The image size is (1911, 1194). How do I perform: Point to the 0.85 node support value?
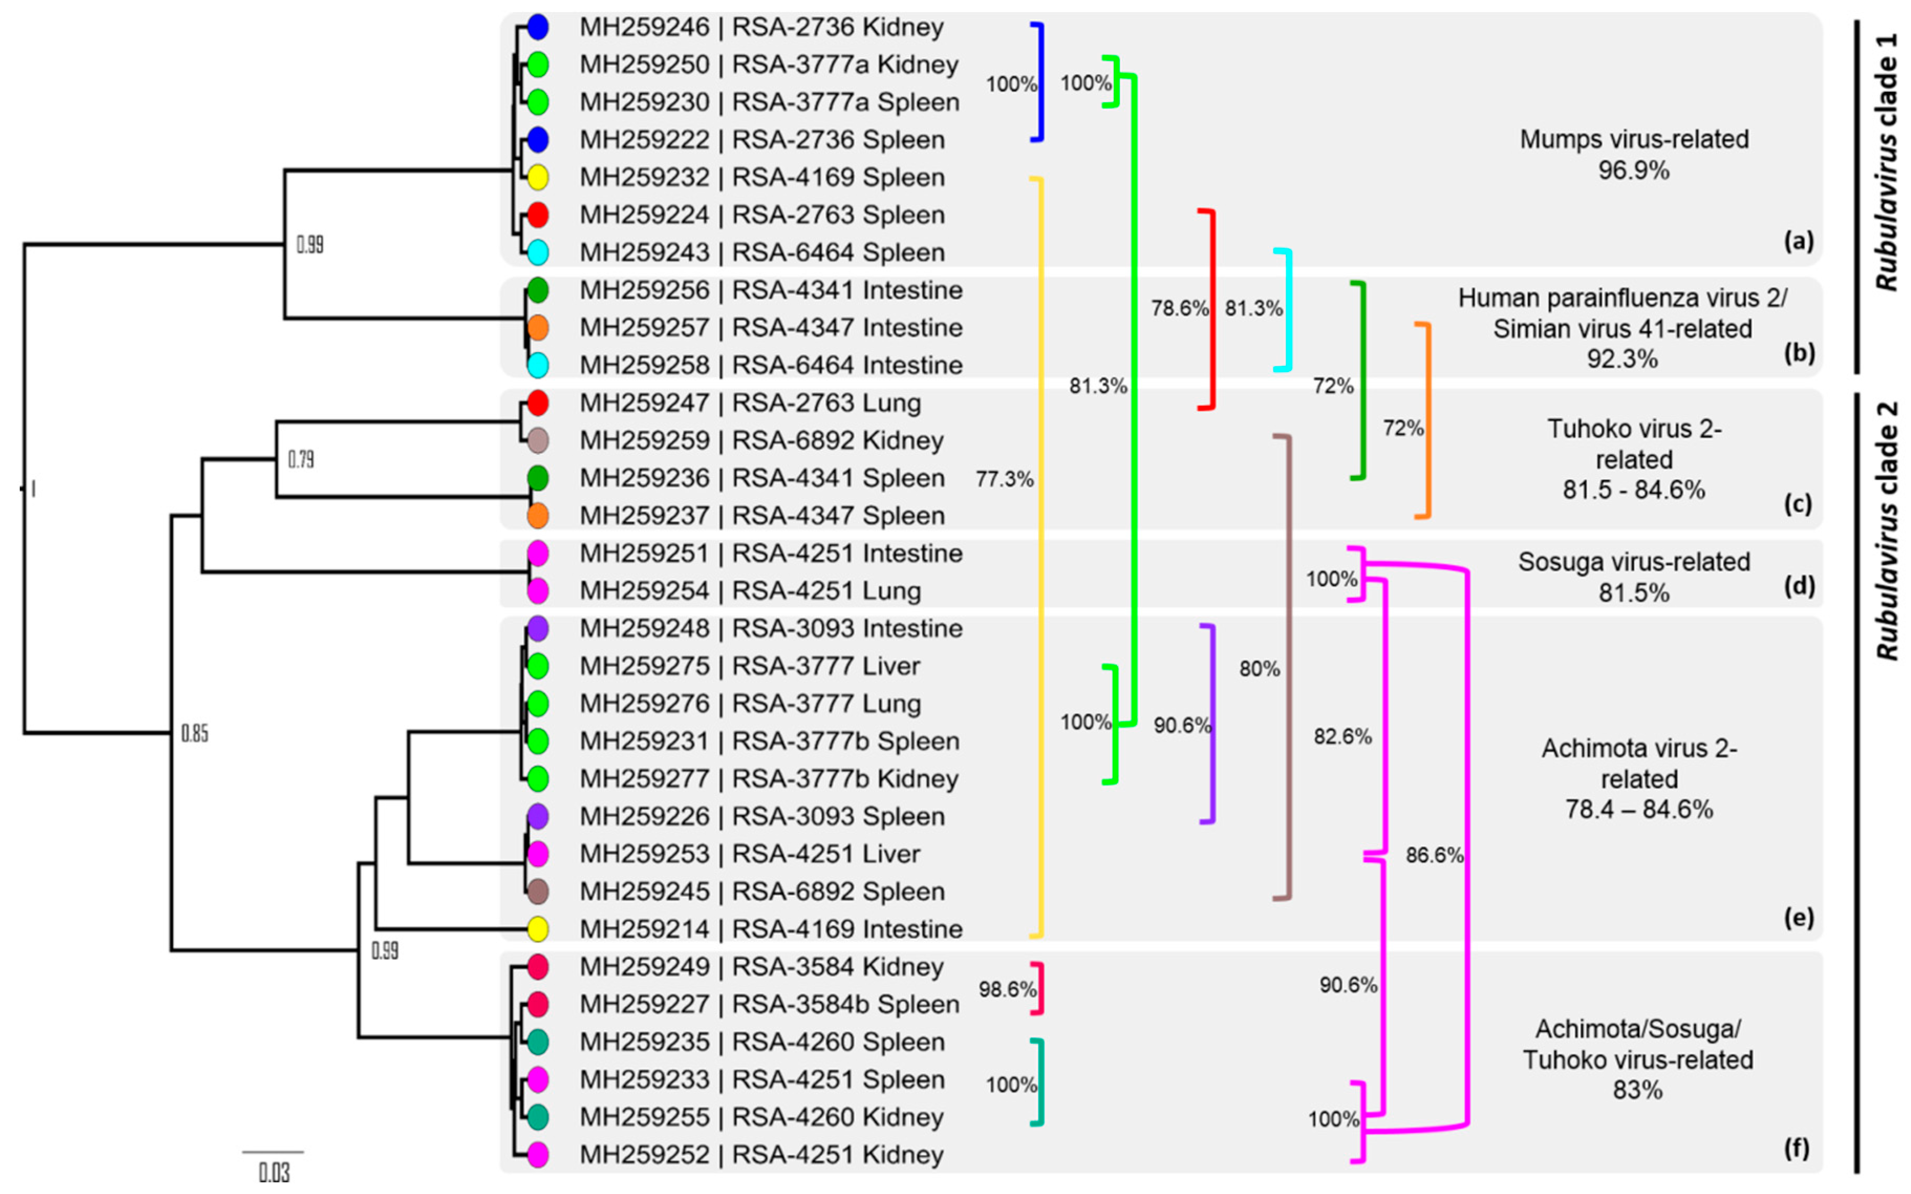195,734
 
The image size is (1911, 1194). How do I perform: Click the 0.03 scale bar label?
274,1173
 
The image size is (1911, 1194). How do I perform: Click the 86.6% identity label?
1434,855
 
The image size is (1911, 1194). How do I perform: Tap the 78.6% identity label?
1179,308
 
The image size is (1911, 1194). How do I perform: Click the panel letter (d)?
1799,586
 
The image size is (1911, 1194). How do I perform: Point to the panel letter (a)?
1799,241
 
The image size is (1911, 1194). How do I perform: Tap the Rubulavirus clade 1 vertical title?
1886,162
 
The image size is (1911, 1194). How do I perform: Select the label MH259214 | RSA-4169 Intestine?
770,929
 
